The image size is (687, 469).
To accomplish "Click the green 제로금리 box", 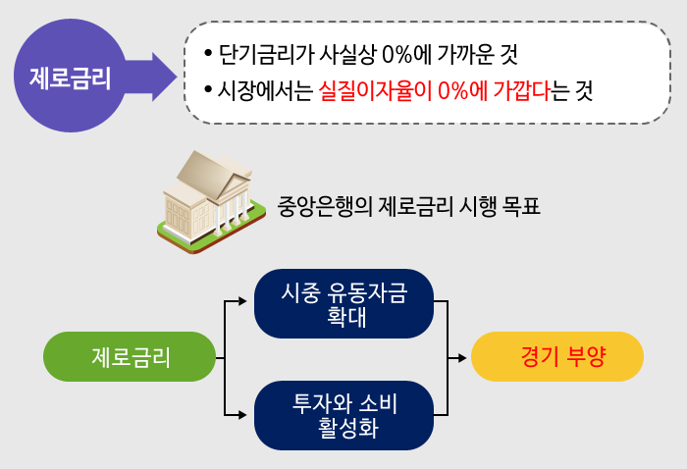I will [x=130, y=356].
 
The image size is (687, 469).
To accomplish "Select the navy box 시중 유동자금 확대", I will [x=343, y=303].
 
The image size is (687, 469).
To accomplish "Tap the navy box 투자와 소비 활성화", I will [x=343, y=415].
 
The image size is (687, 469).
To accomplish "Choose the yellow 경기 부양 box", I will [x=556, y=356].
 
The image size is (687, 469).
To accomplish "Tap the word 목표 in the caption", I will [x=519, y=208].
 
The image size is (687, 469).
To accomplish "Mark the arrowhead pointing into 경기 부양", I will [x=465, y=357].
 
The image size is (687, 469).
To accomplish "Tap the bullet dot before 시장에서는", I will [x=207, y=92].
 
